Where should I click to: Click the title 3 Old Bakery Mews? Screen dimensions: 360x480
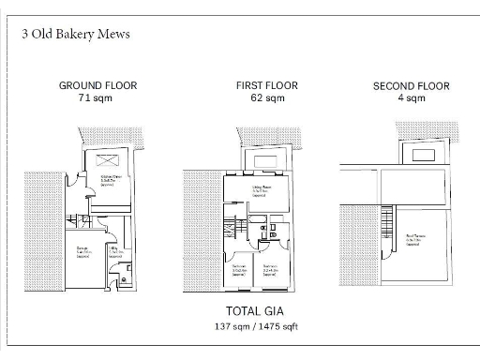tap(75, 34)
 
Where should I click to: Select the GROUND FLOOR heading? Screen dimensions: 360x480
tap(97, 85)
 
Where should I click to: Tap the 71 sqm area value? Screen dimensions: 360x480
tap(97, 97)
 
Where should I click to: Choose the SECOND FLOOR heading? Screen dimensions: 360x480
tap(411, 85)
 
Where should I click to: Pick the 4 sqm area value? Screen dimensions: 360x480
tap(411, 97)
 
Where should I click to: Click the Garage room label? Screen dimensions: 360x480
tap(83, 250)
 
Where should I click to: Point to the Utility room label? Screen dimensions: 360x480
tap(115, 251)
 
